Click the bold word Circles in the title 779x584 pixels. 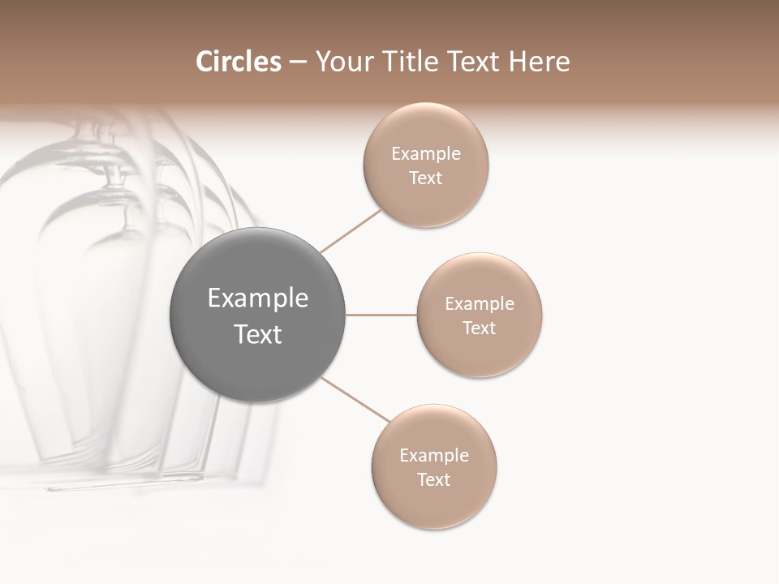pos(239,62)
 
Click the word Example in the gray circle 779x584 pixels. pos(257,298)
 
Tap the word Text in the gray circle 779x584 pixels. pos(257,333)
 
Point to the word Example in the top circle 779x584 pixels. pos(425,154)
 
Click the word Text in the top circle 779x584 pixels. pos(425,178)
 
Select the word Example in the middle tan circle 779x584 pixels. pos(479,304)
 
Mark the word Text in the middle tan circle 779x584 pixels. pos(479,328)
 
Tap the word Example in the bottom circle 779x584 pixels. pos(433,455)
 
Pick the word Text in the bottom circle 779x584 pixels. pos(433,479)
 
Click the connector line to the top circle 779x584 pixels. pos(351,232)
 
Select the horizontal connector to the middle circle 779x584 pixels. pos(381,315)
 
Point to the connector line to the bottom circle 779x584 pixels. pos(355,399)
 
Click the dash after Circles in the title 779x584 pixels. pos(298,62)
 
